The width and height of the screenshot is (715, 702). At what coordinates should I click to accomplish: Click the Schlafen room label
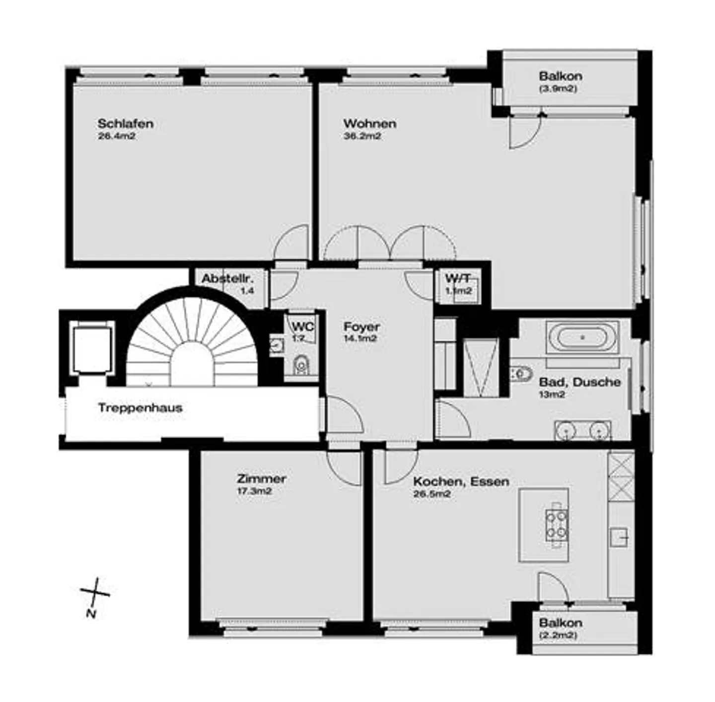[125, 123]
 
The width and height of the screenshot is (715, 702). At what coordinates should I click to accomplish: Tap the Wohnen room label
[369, 123]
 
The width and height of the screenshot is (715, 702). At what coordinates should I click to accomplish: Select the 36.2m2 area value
[362, 136]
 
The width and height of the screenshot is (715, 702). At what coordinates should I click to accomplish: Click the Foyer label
[361, 327]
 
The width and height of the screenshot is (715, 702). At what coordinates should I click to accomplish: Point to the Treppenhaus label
[140, 408]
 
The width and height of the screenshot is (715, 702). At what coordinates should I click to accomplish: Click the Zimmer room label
[261, 479]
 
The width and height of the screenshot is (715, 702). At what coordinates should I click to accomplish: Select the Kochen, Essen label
[461, 481]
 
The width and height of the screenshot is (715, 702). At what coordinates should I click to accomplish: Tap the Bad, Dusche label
[579, 382]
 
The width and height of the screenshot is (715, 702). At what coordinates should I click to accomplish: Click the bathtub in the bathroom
[582, 338]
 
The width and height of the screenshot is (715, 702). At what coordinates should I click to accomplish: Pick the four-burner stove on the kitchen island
[557, 525]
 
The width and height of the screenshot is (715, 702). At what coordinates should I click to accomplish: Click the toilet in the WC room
[300, 366]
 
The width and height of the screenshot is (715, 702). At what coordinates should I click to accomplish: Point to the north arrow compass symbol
[94, 593]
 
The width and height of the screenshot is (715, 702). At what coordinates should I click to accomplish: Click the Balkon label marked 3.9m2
[560, 77]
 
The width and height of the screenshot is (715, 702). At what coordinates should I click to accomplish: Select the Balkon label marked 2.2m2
[560, 623]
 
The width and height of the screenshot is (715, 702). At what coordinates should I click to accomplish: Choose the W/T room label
[457, 278]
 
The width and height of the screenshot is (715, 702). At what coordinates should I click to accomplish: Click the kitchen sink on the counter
[620, 537]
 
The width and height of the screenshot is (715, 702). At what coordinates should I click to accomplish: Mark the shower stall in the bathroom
[480, 368]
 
